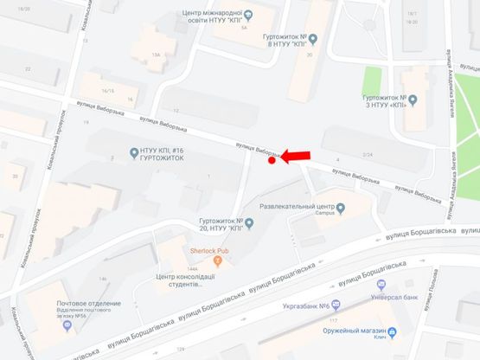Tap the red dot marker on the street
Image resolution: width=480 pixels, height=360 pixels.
[x=272, y=160]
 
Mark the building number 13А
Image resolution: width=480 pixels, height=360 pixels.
[x=156, y=55]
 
